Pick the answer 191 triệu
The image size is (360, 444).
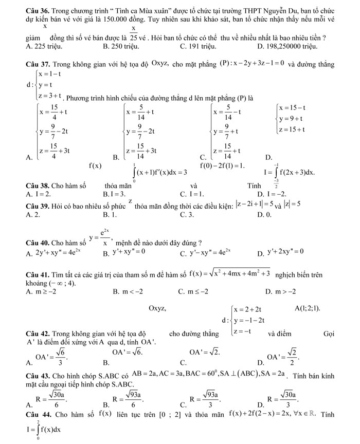[x=197, y=46]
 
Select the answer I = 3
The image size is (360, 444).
[x=114, y=194]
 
